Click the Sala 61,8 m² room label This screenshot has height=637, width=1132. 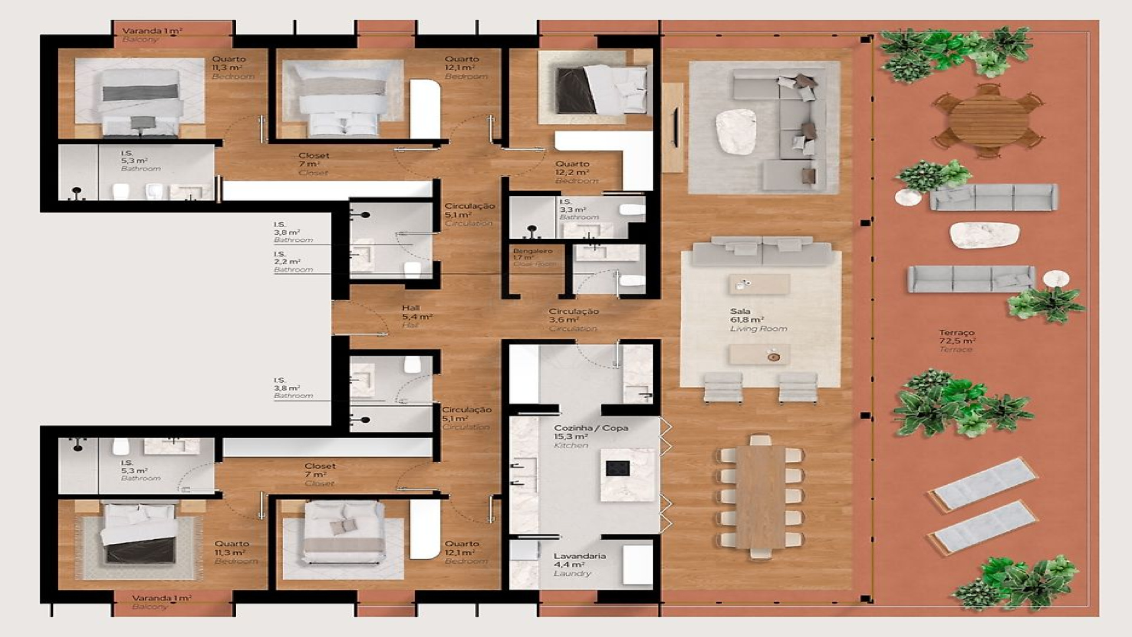click(x=758, y=320)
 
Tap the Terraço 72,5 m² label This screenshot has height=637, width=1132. click(x=956, y=341)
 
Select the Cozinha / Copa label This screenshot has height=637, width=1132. click(x=590, y=436)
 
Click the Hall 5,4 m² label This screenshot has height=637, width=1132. click(x=416, y=316)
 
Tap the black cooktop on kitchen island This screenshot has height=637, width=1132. click(x=617, y=469)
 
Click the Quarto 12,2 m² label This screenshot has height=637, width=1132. click(x=572, y=172)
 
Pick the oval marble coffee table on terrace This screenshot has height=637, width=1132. click(x=984, y=235)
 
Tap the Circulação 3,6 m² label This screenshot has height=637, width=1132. click(x=573, y=319)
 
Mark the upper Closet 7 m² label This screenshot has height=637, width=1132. click(x=313, y=163)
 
